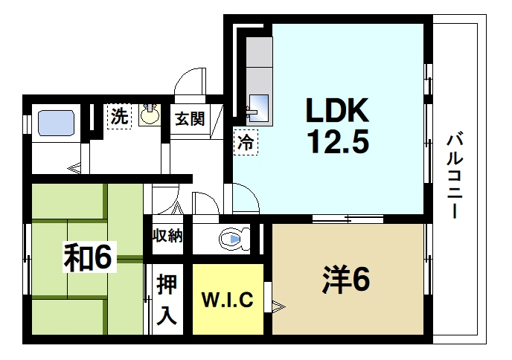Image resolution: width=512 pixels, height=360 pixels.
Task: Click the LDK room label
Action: [x=335, y=112]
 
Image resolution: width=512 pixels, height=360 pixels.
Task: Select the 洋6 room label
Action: [x=346, y=280]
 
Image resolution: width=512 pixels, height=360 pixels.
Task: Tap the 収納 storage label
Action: [x=167, y=237]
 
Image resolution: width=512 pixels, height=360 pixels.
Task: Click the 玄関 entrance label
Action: [x=190, y=119]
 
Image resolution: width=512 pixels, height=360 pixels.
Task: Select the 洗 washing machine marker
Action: [x=119, y=117]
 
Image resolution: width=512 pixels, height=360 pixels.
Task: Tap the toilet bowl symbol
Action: [x=231, y=239]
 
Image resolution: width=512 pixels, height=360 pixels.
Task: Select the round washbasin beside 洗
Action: [x=150, y=115]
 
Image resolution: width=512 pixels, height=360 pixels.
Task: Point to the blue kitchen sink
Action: [x=261, y=105]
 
